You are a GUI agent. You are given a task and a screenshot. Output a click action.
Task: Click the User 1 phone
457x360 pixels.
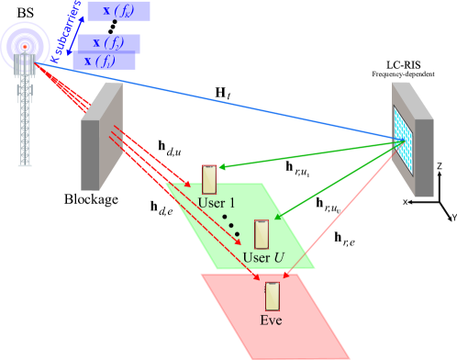(209, 178)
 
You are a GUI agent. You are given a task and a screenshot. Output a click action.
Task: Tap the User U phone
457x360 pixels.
(262, 234)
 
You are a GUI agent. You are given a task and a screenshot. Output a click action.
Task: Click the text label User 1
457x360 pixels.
(217, 203)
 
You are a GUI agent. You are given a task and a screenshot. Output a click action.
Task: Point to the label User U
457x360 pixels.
(262, 257)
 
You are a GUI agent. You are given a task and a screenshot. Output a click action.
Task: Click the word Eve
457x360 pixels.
(271, 321)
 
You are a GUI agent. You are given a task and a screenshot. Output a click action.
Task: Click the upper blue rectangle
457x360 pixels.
(118, 12)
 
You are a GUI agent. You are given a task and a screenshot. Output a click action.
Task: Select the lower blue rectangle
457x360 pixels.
(107, 51)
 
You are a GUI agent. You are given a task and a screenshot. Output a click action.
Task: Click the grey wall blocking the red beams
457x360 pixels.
(101, 138)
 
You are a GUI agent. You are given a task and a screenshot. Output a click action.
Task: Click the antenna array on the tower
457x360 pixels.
(25, 64)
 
